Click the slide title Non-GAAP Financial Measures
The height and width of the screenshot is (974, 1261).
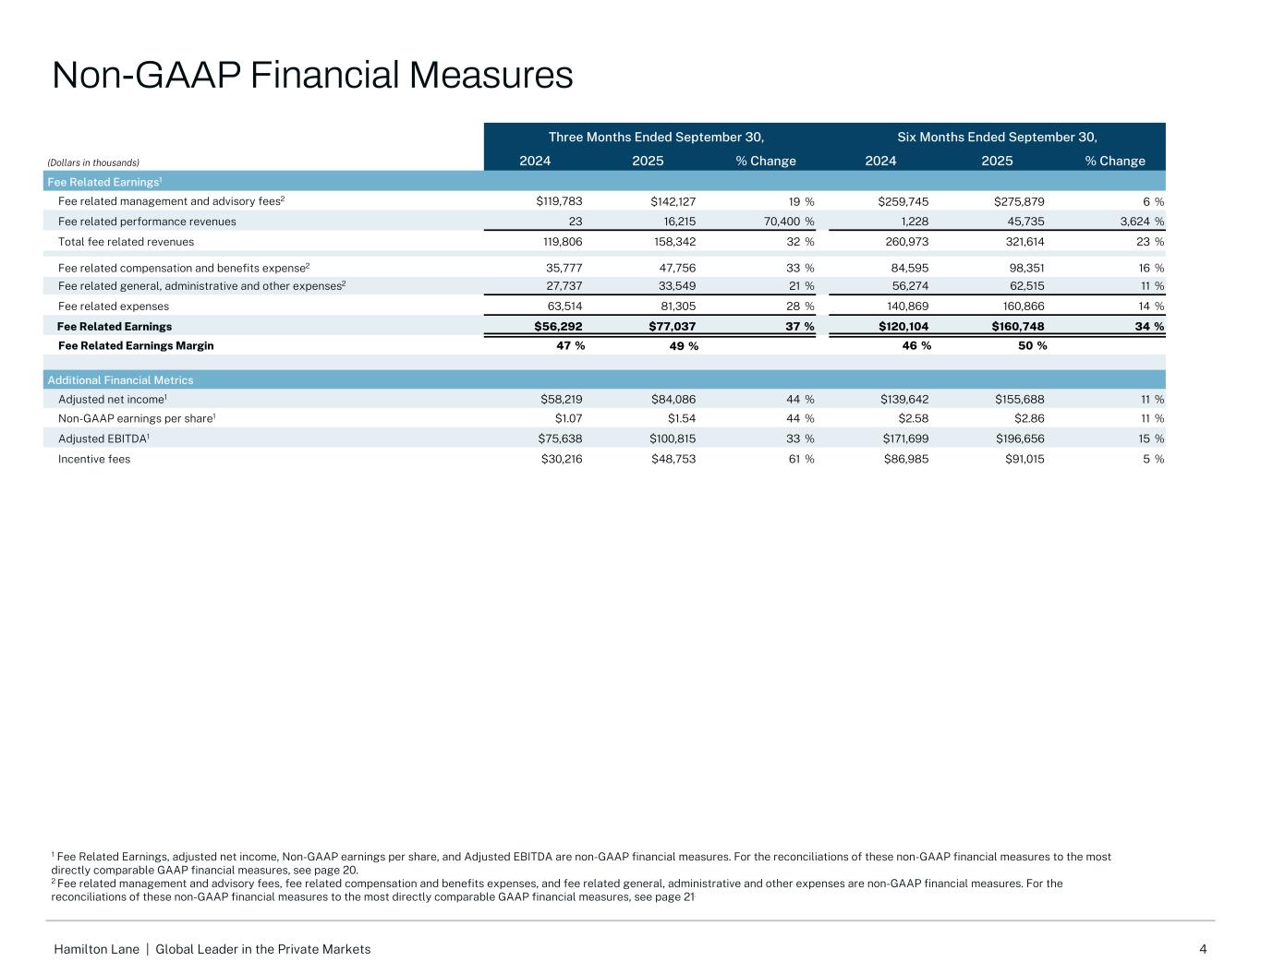(312, 75)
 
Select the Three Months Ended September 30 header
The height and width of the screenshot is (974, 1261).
(656, 138)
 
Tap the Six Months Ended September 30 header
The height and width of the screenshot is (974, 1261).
(997, 138)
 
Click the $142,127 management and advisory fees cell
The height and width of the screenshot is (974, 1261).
(673, 201)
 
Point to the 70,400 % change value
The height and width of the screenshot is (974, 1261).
(781, 222)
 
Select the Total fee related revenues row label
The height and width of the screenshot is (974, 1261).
(126, 242)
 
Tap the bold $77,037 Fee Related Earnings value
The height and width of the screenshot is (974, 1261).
(672, 326)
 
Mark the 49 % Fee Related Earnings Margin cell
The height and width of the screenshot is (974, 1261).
(683, 346)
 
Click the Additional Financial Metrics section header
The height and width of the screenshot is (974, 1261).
(120, 380)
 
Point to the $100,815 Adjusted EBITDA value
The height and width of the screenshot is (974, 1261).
(673, 439)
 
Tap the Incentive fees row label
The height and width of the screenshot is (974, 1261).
(94, 459)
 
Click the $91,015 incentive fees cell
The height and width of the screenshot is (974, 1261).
(1025, 459)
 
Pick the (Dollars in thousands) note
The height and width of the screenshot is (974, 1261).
(93, 162)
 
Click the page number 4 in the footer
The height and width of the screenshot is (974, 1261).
(1203, 949)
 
